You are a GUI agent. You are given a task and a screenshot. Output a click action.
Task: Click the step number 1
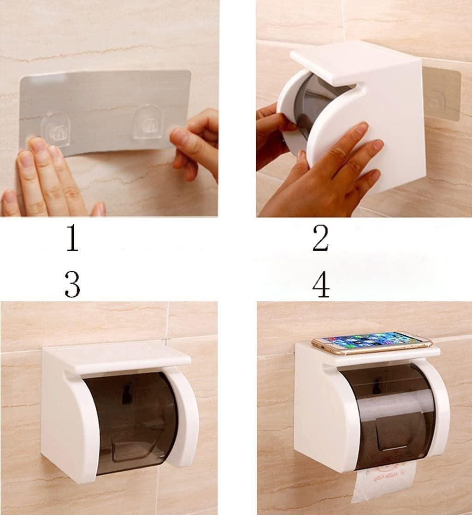coord(72,239)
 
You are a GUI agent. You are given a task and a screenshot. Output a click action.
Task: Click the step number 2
coord(320,239)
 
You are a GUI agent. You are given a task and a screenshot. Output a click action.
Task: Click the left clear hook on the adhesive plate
coord(56,129)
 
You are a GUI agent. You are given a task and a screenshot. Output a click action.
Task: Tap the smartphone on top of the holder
coord(372,342)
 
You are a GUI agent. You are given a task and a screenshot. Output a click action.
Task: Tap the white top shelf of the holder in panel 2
coord(350,62)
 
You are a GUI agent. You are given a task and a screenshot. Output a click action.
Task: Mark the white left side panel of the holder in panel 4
coord(318,415)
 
